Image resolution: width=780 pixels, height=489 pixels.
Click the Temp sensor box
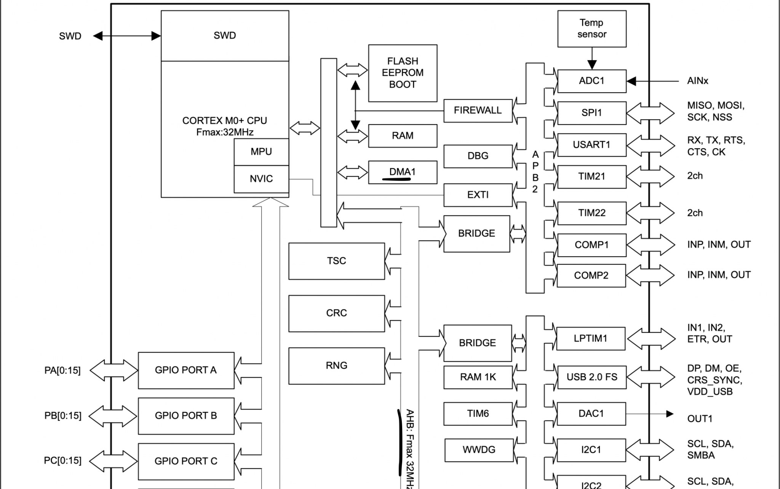click(591, 29)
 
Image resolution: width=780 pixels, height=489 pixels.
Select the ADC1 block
click(591, 81)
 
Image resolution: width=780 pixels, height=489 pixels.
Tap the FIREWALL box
click(478, 110)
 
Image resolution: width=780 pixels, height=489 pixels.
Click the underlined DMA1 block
click(402, 172)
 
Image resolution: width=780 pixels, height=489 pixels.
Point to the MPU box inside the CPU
click(261, 152)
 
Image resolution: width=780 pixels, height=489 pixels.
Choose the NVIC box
click(261, 179)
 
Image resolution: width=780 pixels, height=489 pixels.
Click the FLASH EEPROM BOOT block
click(402, 73)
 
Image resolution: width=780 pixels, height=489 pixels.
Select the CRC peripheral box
click(336, 313)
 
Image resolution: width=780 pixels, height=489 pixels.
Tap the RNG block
click(336, 366)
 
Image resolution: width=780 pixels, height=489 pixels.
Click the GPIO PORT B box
click(186, 415)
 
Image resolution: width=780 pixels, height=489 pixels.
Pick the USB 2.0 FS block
click(591, 377)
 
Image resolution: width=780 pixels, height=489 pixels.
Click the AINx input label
click(697, 81)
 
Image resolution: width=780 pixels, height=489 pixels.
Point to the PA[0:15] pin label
click(62, 371)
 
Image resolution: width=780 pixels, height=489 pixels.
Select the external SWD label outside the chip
click(70, 36)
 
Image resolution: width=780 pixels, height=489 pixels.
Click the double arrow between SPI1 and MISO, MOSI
click(650, 113)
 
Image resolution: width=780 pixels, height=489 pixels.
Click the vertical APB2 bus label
click(535, 172)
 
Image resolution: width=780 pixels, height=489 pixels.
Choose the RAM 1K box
click(478, 377)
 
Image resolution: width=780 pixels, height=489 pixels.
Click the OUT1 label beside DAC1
click(700, 419)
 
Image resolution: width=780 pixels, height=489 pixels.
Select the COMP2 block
click(591, 275)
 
